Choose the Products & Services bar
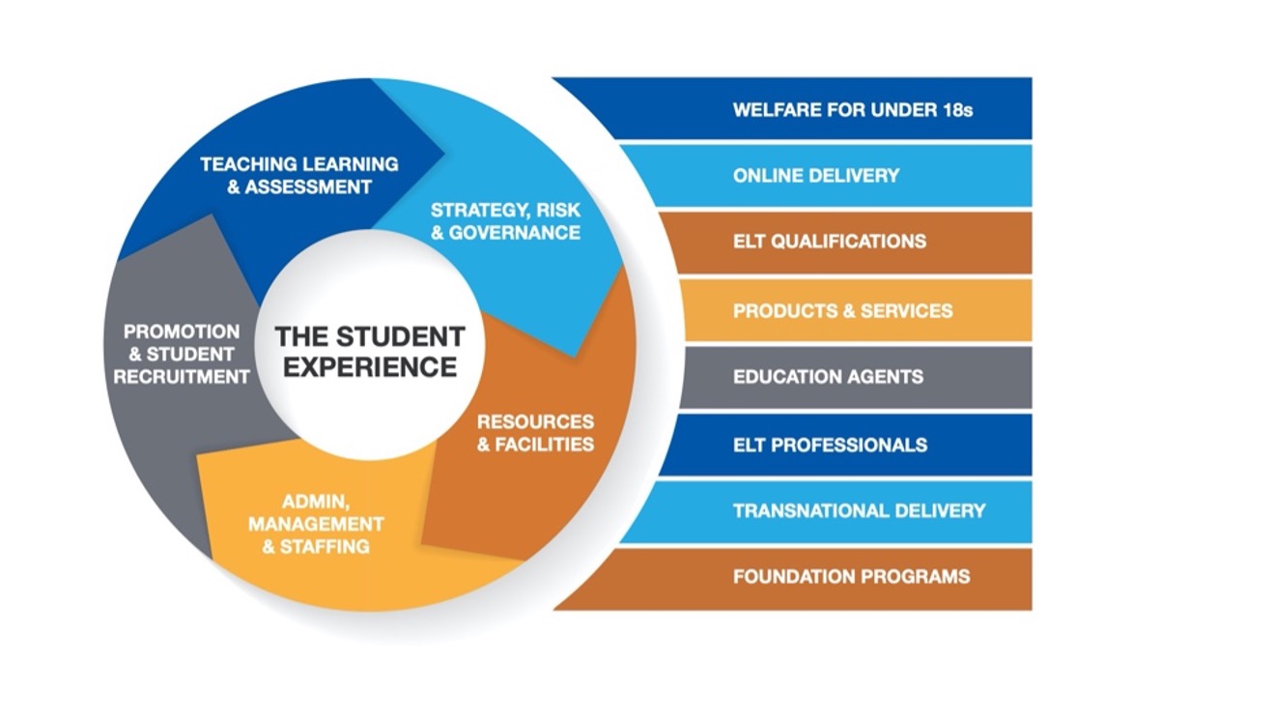coord(857,310)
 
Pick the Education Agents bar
coord(857,377)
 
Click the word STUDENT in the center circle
coord(401,336)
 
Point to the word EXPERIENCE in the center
coord(370,367)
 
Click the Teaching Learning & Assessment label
coord(299,176)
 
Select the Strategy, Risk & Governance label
coord(505,221)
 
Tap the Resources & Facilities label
coord(536,433)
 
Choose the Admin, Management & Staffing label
coord(316,524)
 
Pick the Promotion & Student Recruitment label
coord(182,355)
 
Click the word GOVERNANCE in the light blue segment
coord(515,232)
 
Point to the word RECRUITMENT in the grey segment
coord(182,377)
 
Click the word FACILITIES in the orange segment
coord(545,444)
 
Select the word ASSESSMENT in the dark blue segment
coord(308,187)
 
